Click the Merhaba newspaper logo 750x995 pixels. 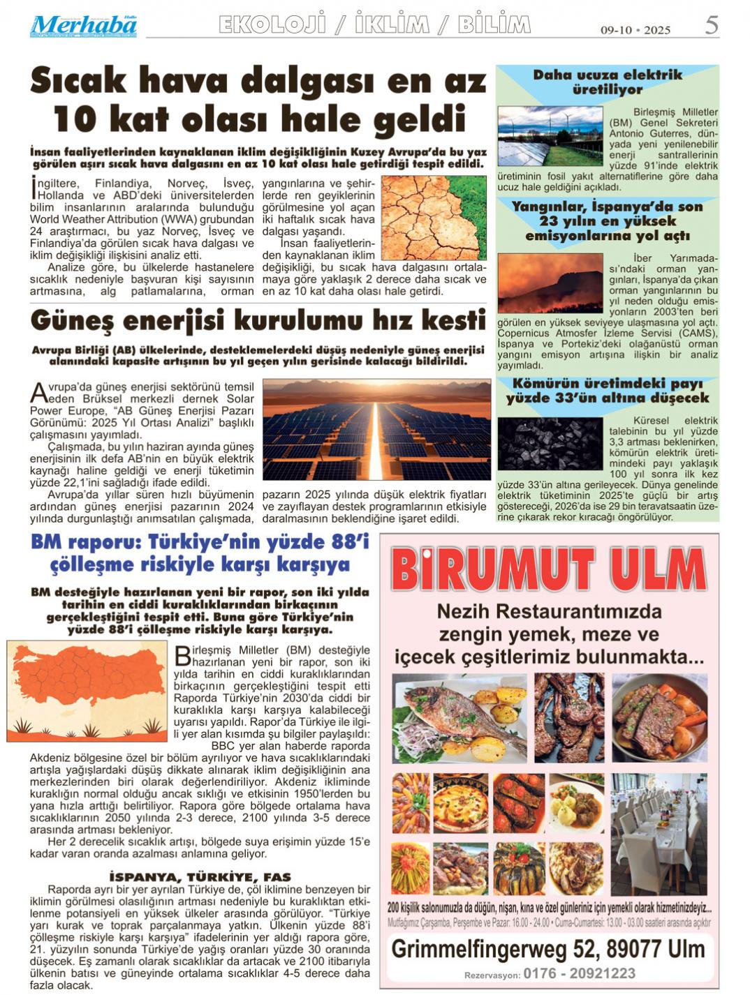[x=83, y=26]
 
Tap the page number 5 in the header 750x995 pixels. [x=711, y=26]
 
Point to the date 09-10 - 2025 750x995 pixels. [x=635, y=30]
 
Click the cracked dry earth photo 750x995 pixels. [x=434, y=218]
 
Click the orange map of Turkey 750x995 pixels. [x=87, y=690]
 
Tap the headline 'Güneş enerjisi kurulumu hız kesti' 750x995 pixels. [x=258, y=321]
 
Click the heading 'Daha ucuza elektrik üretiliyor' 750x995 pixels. [x=607, y=82]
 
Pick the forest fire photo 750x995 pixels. [x=550, y=283]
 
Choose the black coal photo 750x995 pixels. [x=550, y=444]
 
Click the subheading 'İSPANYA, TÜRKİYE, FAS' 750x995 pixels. [x=200, y=876]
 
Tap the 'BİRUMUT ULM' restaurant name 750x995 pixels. [x=549, y=569]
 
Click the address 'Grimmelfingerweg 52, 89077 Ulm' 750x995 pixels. [x=548, y=949]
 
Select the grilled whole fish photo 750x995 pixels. [x=459, y=718]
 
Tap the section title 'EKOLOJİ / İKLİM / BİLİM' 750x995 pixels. [x=374, y=25]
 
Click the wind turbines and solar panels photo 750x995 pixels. [x=550, y=136]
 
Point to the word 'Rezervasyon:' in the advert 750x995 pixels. [x=492, y=975]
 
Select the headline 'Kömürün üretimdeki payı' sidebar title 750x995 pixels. [x=607, y=391]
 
